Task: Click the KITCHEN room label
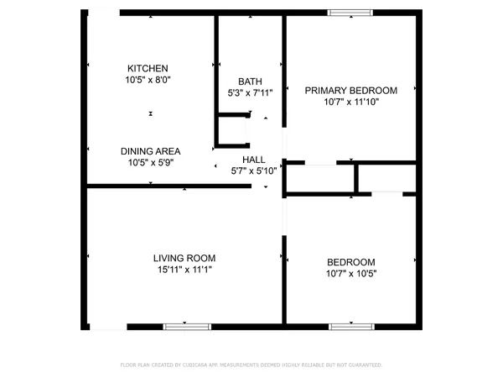pyautogui.click(x=148, y=68)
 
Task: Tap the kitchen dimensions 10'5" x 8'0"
pyautogui.click(x=148, y=80)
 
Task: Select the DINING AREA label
pyautogui.click(x=150, y=151)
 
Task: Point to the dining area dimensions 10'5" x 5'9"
pyautogui.click(x=150, y=163)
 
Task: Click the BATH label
pyautogui.click(x=251, y=81)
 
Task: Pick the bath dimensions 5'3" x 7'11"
pyautogui.click(x=251, y=93)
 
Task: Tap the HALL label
pyautogui.click(x=253, y=159)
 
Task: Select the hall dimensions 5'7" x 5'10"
pyautogui.click(x=253, y=171)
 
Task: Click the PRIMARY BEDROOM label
pyautogui.click(x=350, y=90)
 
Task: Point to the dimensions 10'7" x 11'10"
pyautogui.click(x=350, y=102)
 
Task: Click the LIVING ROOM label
pyautogui.click(x=184, y=258)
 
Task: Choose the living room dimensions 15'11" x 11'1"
pyautogui.click(x=184, y=270)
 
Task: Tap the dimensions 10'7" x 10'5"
pyautogui.click(x=350, y=273)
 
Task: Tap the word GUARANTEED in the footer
pyautogui.click(x=361, y=365)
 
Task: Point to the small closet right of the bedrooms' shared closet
pyautogui.click(x=386, y=177)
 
